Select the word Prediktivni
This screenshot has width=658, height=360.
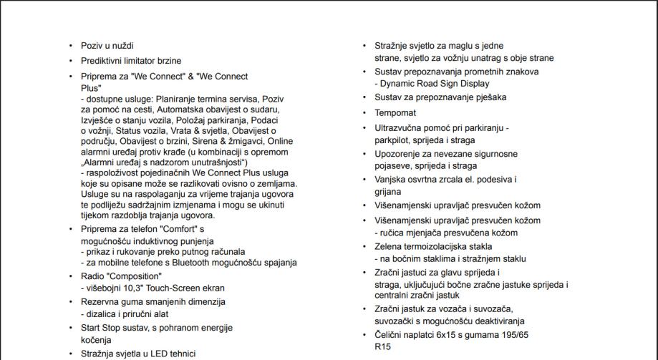(x=104, y=61)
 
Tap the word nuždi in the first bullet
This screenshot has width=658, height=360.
(x=121, y=46)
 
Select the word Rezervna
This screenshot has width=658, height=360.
(x=102, y=302)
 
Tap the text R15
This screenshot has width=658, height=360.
(x=384, y=346)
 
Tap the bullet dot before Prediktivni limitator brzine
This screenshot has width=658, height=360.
(x=71, y=62)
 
